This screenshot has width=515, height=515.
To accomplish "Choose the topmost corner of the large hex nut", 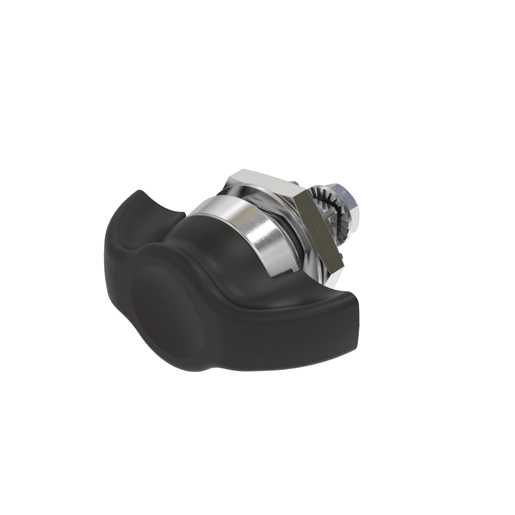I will pos(241,171).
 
